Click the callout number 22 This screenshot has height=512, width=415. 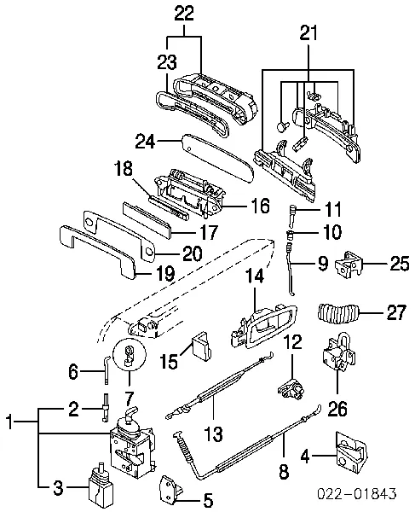click(184, 14)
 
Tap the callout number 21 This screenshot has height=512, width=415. click(308, 33)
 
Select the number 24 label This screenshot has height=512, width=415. click(146, 142)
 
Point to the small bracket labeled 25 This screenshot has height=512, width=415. click(349, 265)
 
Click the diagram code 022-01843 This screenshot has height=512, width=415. click(357, 493)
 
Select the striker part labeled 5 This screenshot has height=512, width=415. click(170, 490)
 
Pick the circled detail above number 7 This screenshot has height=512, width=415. click(130, 355)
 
